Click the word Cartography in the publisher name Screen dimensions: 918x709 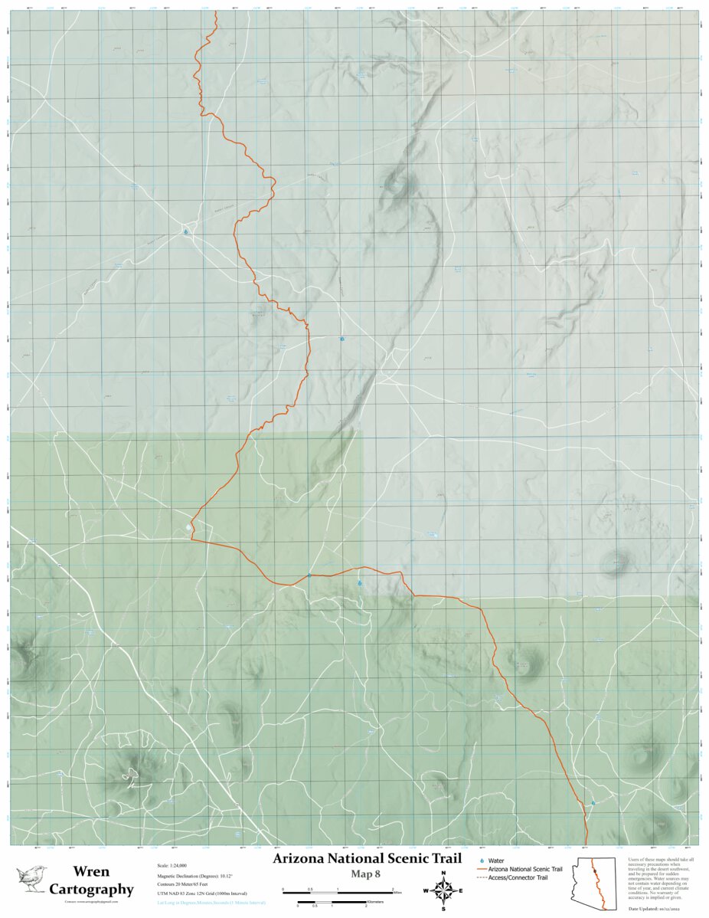point(91,890)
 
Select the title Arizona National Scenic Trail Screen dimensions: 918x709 point(367,858)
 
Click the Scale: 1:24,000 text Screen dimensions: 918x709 point(173,865)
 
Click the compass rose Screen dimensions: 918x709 point(443,890)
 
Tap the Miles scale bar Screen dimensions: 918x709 point(338,891)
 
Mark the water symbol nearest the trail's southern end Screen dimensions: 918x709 point(593,803)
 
